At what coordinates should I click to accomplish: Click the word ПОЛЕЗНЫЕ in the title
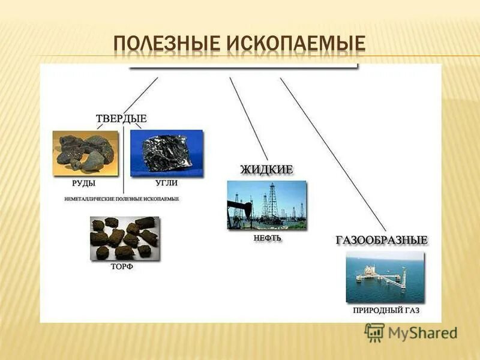[x=166, y=43]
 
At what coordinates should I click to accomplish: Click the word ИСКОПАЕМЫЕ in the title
[x=296, y=43]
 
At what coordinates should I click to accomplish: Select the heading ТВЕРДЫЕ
[x=122, y=119]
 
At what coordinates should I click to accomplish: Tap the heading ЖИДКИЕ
[x=266, y=170]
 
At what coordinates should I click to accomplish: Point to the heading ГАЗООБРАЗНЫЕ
[x=382, y=240]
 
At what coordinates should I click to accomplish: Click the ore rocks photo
[x=85, y=154]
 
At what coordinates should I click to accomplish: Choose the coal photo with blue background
[x=166, y=154]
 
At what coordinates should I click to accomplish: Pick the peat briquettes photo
[x=125, y=238]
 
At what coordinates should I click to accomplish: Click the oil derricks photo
[x=266, y=205]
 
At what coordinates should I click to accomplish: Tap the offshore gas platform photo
[x=385, y=277]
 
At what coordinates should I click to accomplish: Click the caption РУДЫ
[x=83, y=183]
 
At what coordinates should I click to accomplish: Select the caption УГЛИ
[x=166, y=183]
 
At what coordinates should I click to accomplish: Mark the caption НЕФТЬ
[x=267, y=238]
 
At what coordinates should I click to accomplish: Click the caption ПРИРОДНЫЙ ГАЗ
[x=385, y=311]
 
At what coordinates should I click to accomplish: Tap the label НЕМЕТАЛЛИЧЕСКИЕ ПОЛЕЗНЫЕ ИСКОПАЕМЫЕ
[x=122, y=198]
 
